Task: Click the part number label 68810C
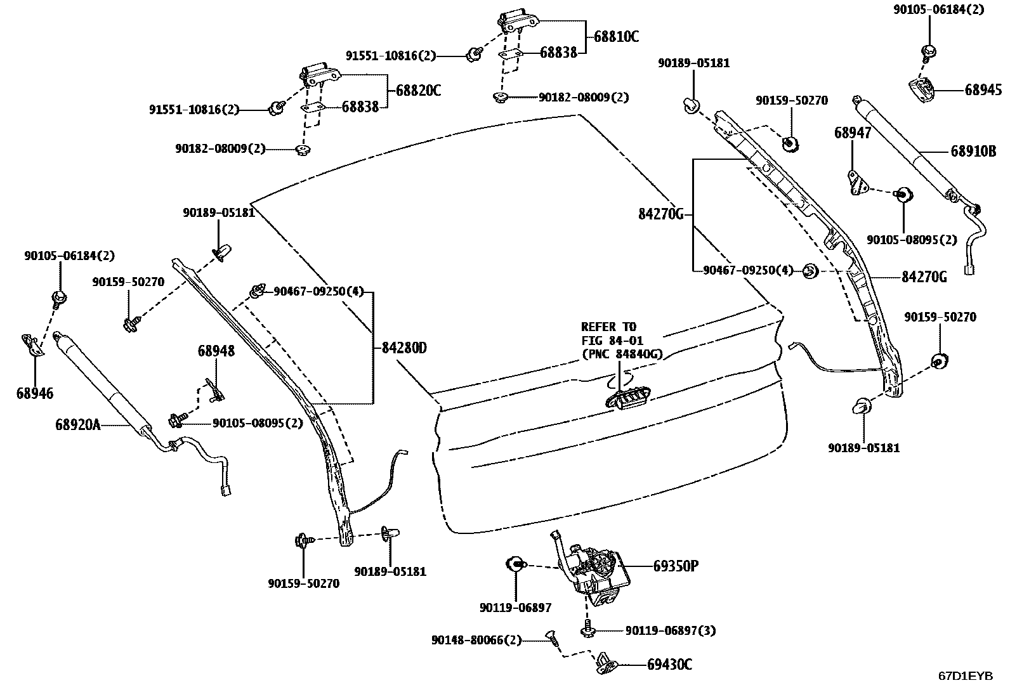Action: (616, 37)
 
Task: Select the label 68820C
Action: (418, 91)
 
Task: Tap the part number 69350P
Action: (676, 566)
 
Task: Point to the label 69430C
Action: (669, 665)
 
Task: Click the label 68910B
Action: (973, 151)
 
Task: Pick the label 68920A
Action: (78, 424)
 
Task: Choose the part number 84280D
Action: (404, 348)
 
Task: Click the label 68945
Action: (983, 89)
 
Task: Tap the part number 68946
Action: (35, 393)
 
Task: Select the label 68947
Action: (852, 133)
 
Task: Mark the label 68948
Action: (216, 351)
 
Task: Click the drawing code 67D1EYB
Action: (966, 676)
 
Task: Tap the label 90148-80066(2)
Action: (476, 640)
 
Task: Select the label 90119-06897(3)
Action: (671, 631)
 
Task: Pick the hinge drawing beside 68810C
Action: (518, 21)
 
